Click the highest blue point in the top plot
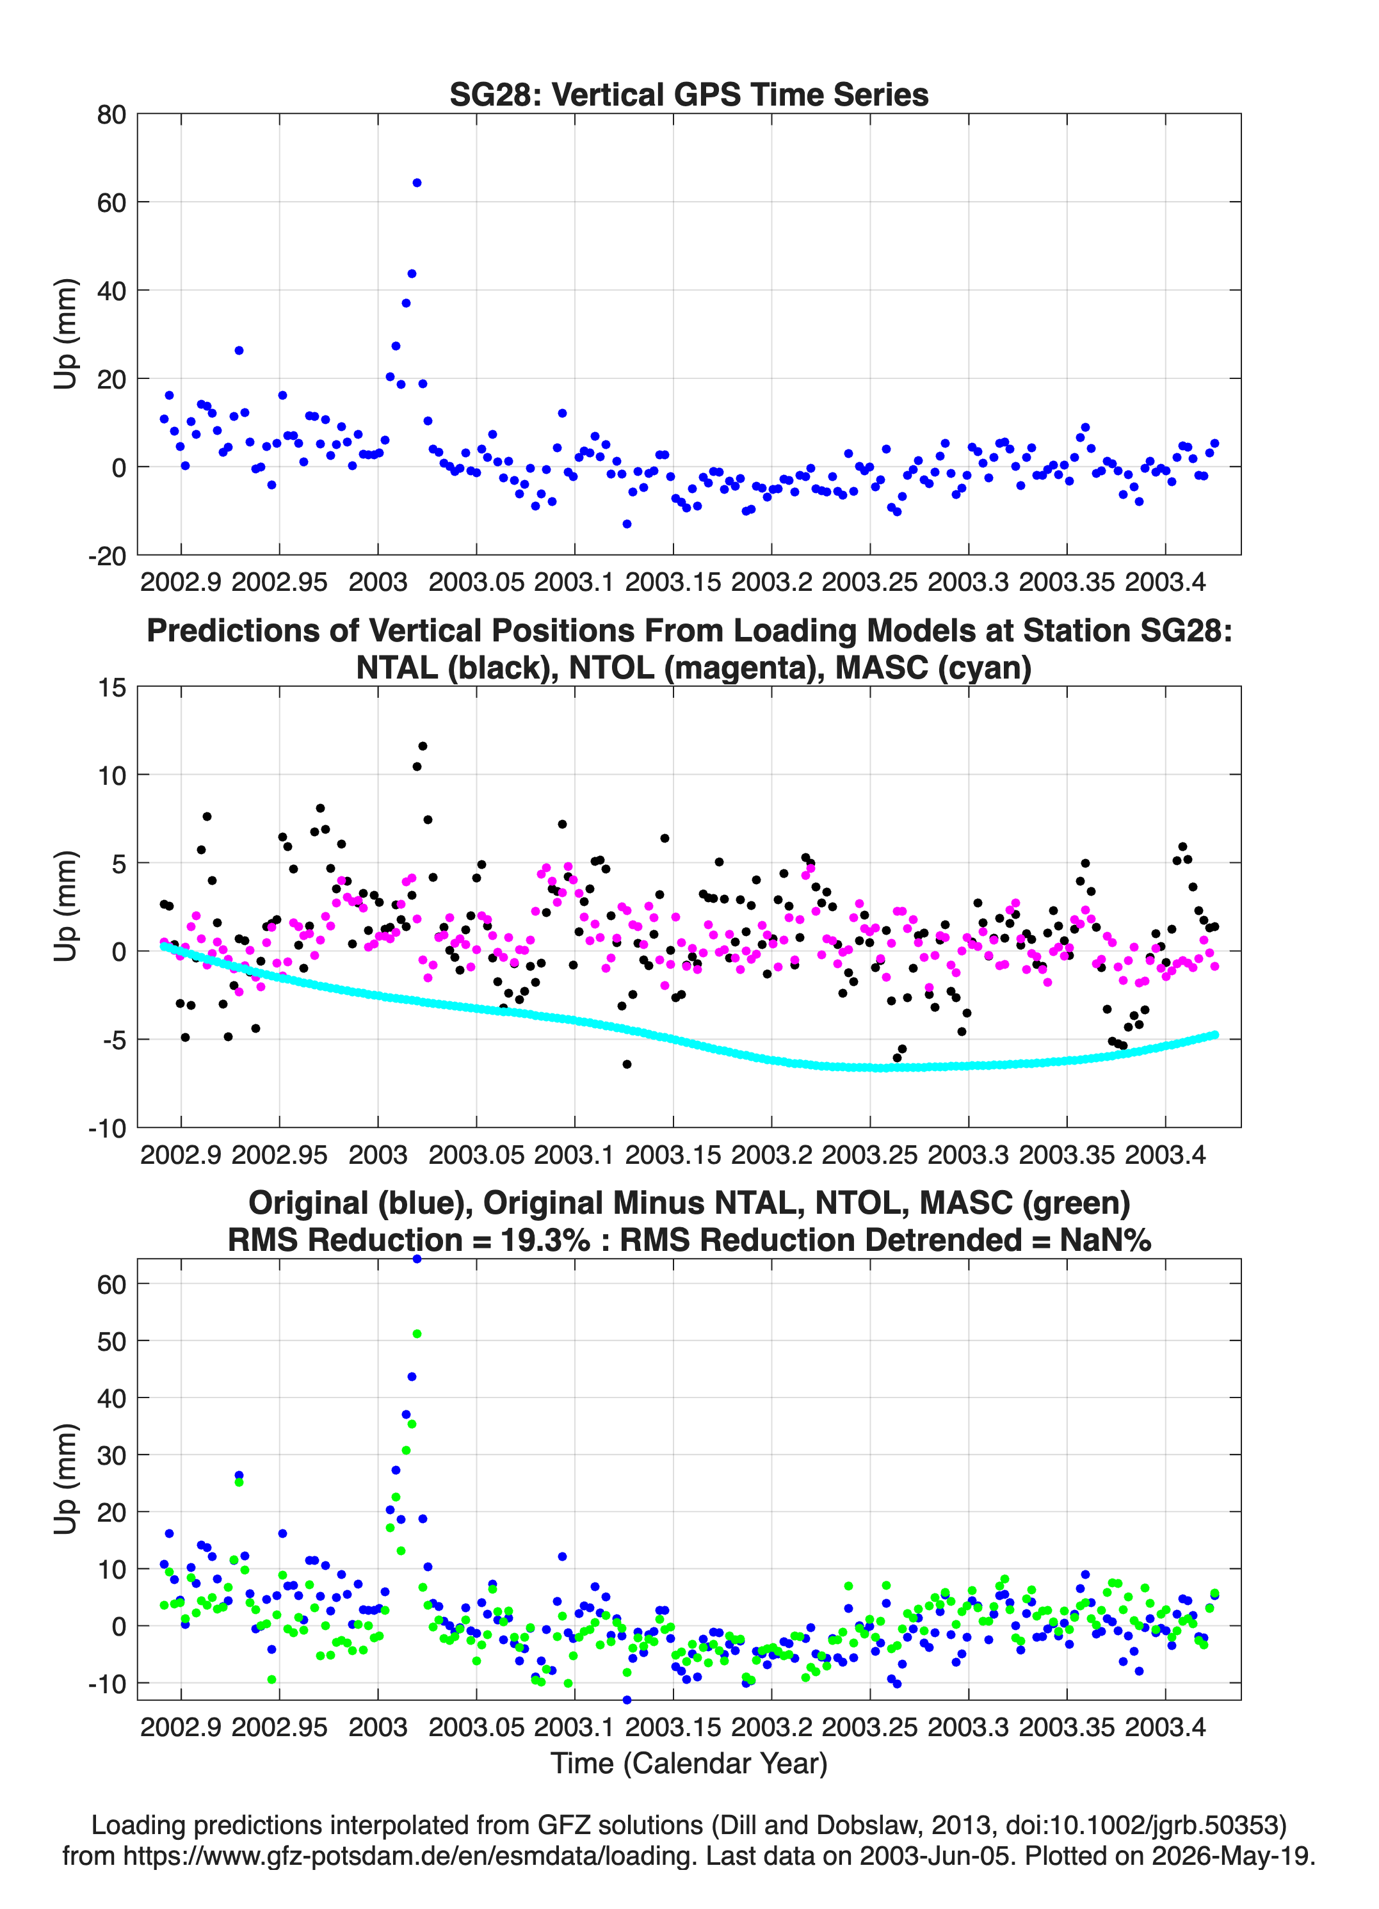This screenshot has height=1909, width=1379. click(x=417, y=182)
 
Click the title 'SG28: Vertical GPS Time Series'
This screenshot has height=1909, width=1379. click(x=689, y=94)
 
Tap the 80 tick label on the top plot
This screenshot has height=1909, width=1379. click(x=111, y=115)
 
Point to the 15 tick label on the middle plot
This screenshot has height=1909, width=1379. click(x=112, y=688)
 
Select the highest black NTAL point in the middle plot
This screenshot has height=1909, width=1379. click(x=423, y=746)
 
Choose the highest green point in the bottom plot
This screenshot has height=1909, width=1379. click(x=417, y=1333)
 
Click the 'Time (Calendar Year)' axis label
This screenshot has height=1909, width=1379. click(x=689, y=1762)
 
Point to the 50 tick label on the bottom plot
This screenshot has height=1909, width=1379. click(x=111, y=1342)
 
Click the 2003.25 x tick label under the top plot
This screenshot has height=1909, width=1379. click(x=869, y=582)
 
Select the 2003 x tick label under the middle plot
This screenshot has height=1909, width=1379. click(x=378, y=1154)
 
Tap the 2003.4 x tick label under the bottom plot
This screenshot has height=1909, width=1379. click(x=1165, y=1727)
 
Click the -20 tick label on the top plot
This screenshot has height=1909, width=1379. click(x=107, y=556)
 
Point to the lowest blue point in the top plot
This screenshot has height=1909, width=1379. click(x=626, y=524)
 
